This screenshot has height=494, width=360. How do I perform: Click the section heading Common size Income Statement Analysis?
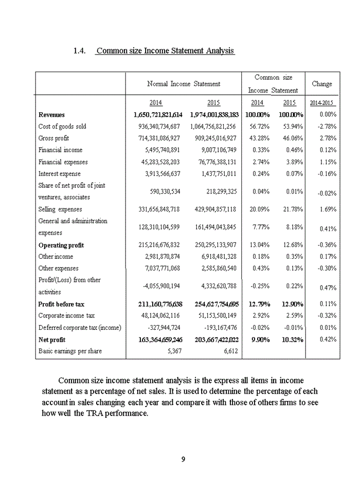coord(165,51)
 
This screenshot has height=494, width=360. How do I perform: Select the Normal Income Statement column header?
coord(184,84)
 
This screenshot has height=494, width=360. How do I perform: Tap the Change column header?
coord(322,84)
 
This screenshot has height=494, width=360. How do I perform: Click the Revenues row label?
coord(51,115)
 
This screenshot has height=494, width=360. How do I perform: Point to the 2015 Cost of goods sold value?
coord(212,127)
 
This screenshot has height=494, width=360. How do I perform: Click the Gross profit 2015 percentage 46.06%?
coord(293,138)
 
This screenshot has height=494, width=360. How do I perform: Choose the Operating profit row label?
coord(61,245)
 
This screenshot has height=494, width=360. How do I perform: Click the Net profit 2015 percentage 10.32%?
coord(292,340)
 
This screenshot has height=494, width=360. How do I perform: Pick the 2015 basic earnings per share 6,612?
coord(227,351)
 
